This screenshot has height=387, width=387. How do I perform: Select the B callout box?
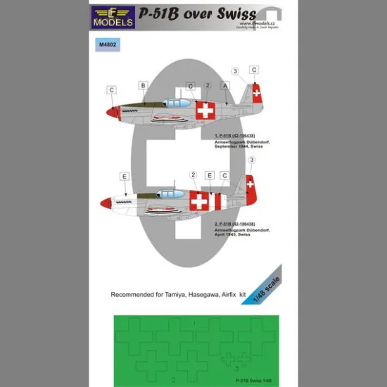pyautogui.click(x=143, y=86)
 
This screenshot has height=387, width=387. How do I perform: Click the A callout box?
pyautogui.click(x=225, y=86)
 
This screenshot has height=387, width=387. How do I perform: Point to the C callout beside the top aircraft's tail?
pyautogui.click(x=254, y=70)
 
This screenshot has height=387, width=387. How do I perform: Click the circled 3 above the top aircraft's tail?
pyautogui.click(x=236, y=70)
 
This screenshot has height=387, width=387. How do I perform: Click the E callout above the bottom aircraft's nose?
pyautogui.click(x=124, y=176)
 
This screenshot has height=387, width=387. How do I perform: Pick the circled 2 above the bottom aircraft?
pyautogui.click(x=193, y=175)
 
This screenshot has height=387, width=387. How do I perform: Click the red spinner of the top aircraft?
pyautogui.click(x=112, y=111)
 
